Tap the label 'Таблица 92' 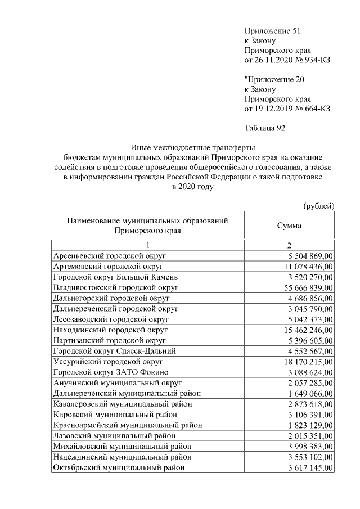point(265,128)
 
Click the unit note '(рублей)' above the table point(318,206)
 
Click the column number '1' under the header point(147,245)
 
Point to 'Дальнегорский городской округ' point(111,298)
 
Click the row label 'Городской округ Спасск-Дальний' point(114,351)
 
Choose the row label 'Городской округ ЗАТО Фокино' point(110,372)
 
